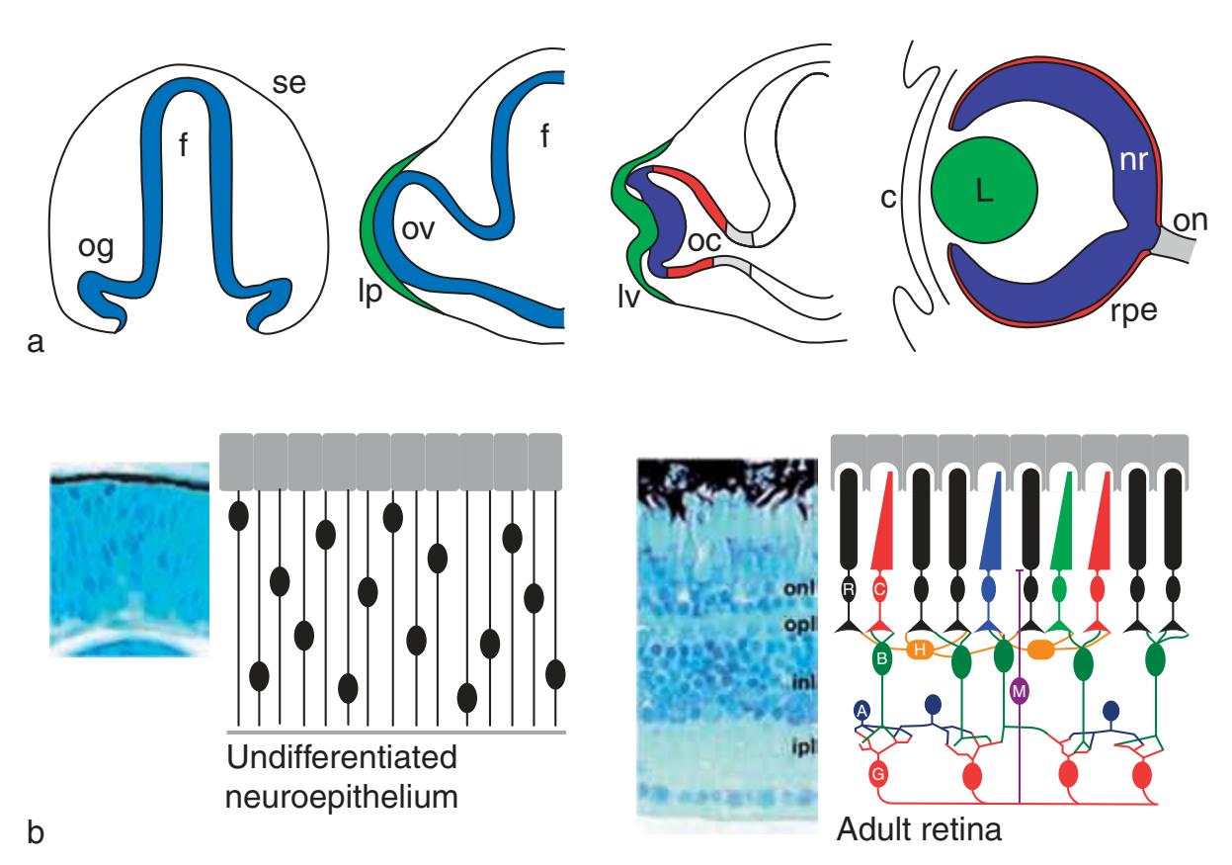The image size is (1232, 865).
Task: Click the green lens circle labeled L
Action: (x=984, y=192)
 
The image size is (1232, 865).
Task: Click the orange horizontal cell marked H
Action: (x=920, y=649)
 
